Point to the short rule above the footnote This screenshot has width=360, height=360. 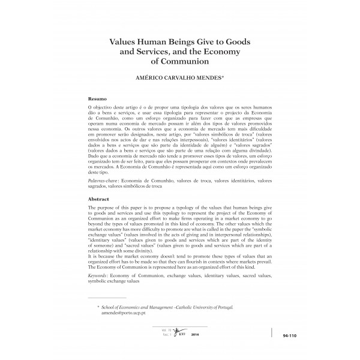coord(106,297)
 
